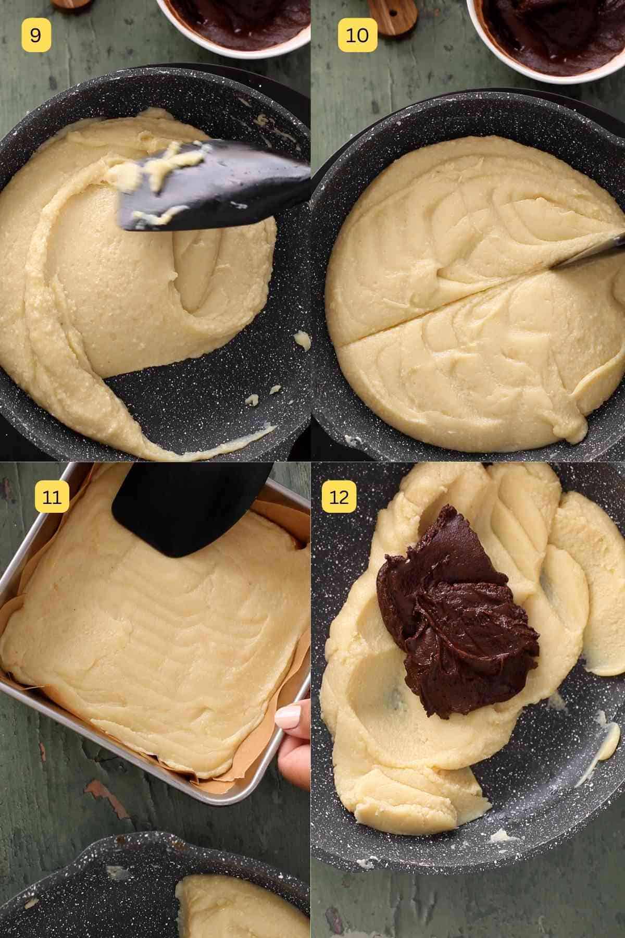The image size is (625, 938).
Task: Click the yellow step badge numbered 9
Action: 36,35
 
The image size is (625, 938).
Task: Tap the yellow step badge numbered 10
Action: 357,35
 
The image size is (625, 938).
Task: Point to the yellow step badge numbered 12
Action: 339,497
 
